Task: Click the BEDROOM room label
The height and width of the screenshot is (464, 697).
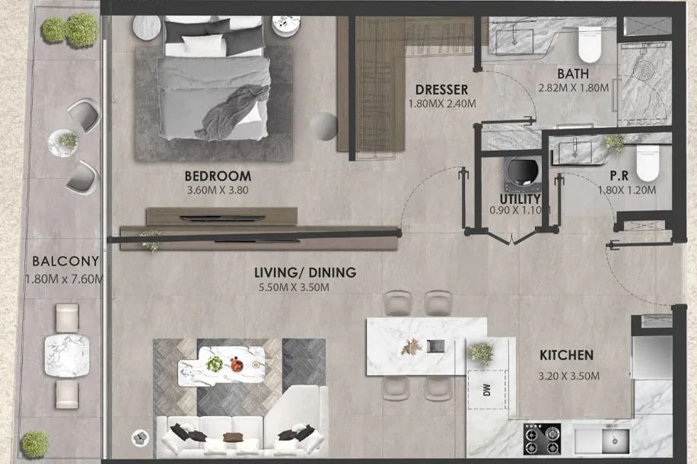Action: tap(218, 176)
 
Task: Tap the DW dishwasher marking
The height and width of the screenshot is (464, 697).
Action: tap(487, 389)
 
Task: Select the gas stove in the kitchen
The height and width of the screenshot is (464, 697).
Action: tap(542, 439)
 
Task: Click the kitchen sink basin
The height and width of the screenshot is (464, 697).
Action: tap(616, 440)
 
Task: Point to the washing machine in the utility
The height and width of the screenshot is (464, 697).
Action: tap(524, 173)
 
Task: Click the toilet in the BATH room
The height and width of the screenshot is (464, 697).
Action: tap(590, 45)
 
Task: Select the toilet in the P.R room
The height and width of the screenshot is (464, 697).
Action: tap(648, 163)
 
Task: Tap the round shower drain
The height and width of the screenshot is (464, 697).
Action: tap(644, 70)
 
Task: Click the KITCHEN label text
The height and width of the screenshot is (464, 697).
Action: tap(566, 355)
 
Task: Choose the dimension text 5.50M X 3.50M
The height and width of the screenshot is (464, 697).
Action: tap(294, 287)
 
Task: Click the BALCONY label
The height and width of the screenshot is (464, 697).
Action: tap(65, 261)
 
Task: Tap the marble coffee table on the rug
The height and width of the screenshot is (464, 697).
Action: tap(222, 365)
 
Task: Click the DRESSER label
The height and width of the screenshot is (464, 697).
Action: tap(441, 90)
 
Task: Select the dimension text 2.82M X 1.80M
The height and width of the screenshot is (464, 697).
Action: tap(574, 87)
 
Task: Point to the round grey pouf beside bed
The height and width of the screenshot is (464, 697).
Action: tap(323, 127)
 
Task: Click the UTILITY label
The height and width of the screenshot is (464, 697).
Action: tap(520, 199)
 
